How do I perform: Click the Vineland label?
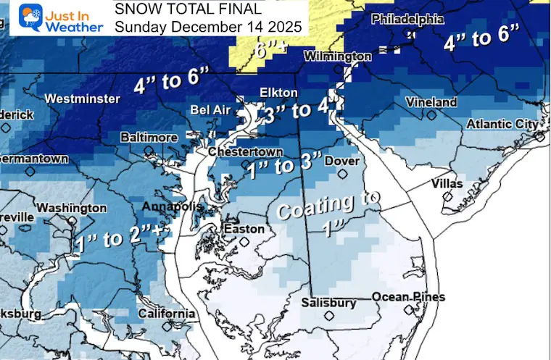point(431,102)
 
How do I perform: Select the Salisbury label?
point(330,303)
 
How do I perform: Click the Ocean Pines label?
point(408,297)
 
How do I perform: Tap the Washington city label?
point(71,208)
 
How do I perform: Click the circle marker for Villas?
point(447,196)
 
